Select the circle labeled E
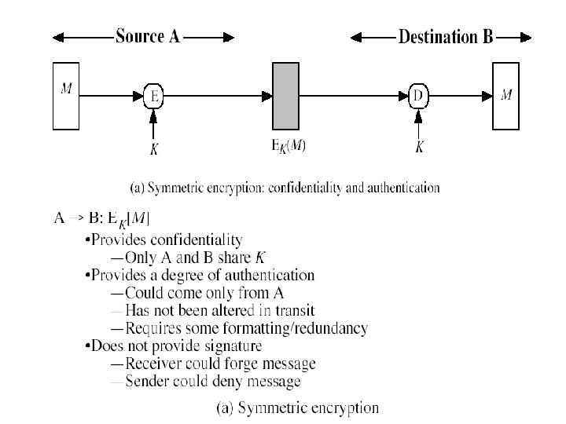click(154, 97)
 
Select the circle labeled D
click(418, 97)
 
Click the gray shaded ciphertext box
click(285, 97)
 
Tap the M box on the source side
click(67, 97)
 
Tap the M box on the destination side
click(507, 97)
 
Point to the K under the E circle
click(154, 148)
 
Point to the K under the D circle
click(419, 147)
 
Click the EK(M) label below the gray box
click(286, 147)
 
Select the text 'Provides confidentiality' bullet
click(167, 240)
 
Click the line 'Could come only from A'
click(197, 294)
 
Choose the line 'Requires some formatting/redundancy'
click(239, 329)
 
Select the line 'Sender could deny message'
click(205, 382)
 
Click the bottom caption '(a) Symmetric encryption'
click(297, 408)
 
